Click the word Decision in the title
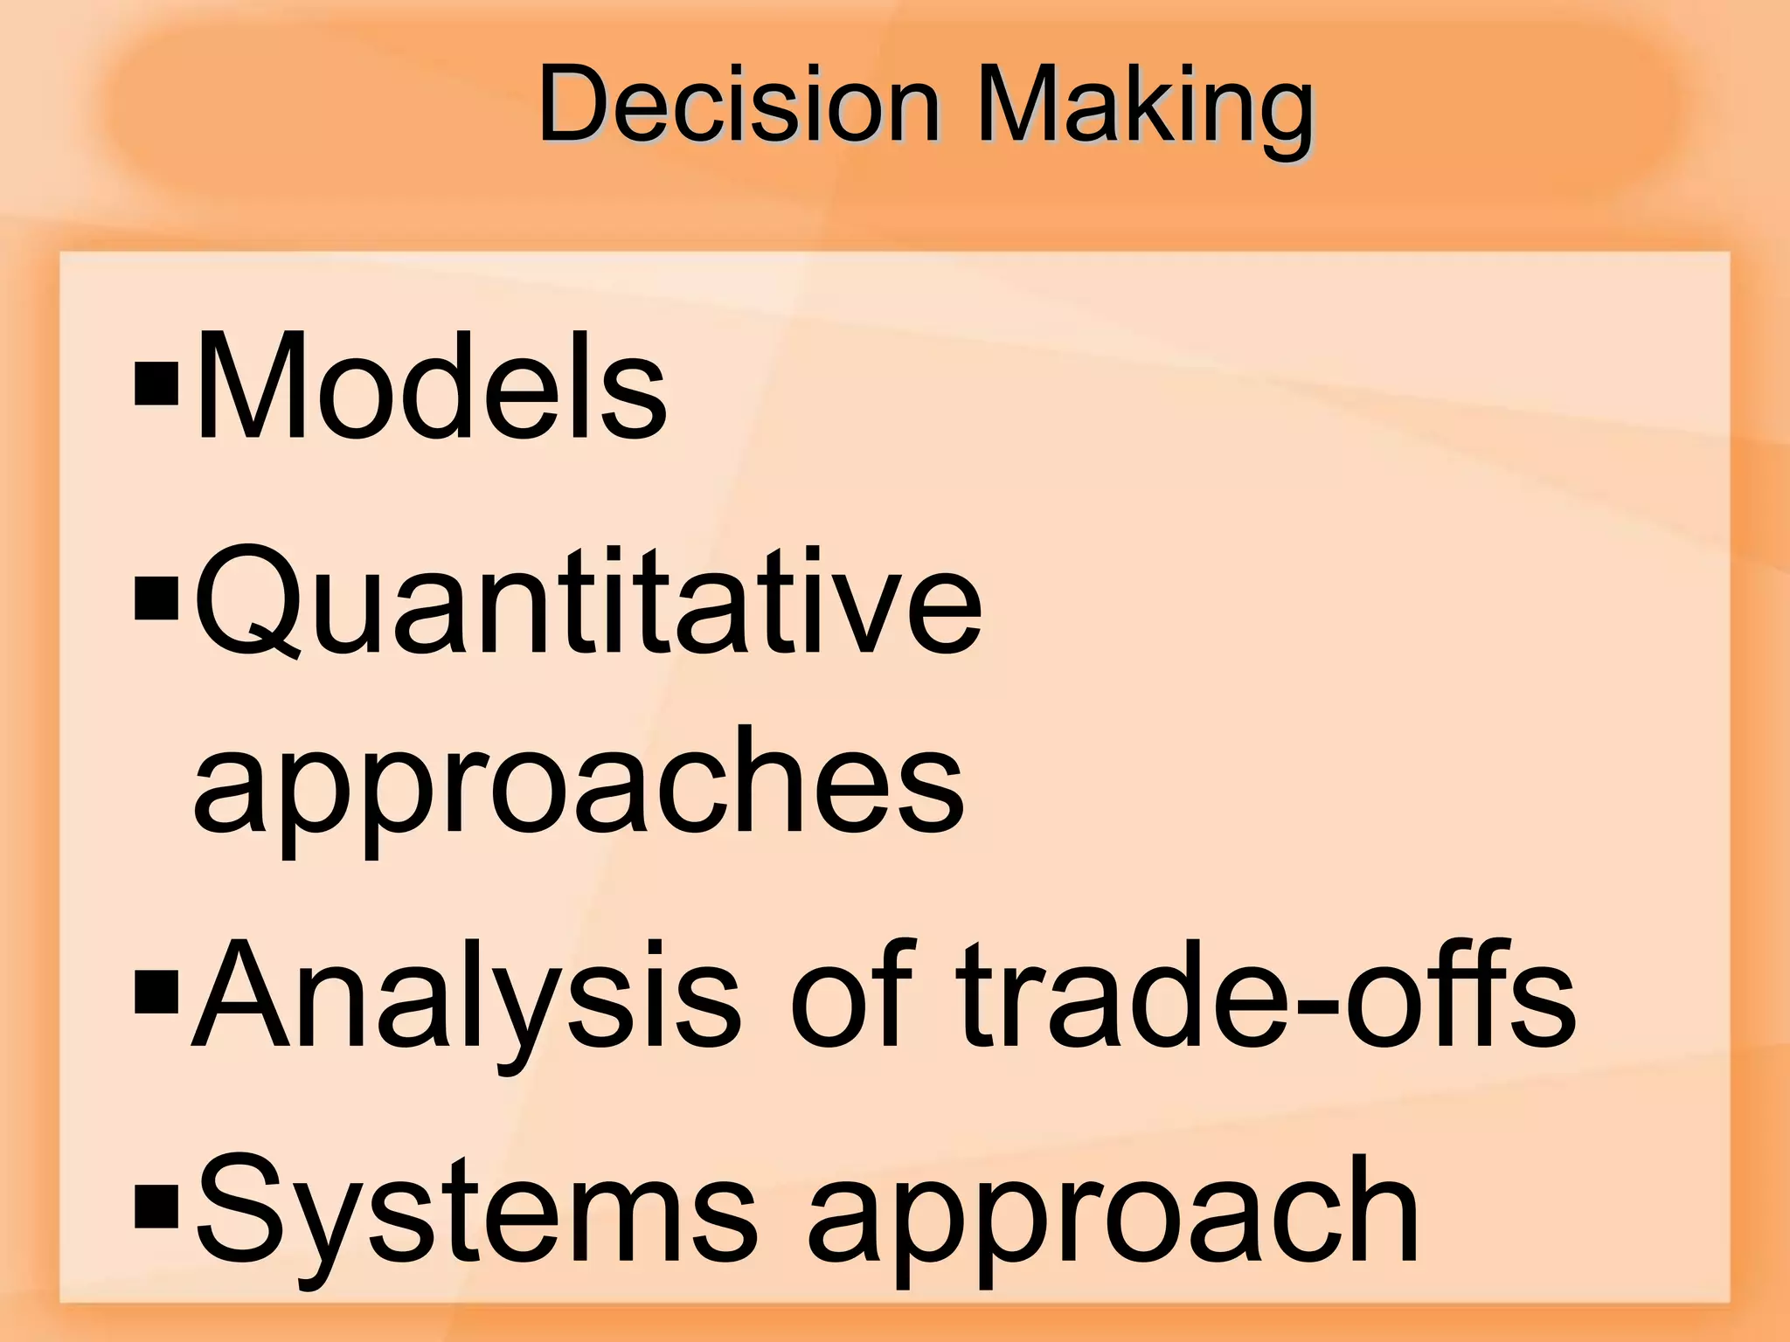tap(739, 105)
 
